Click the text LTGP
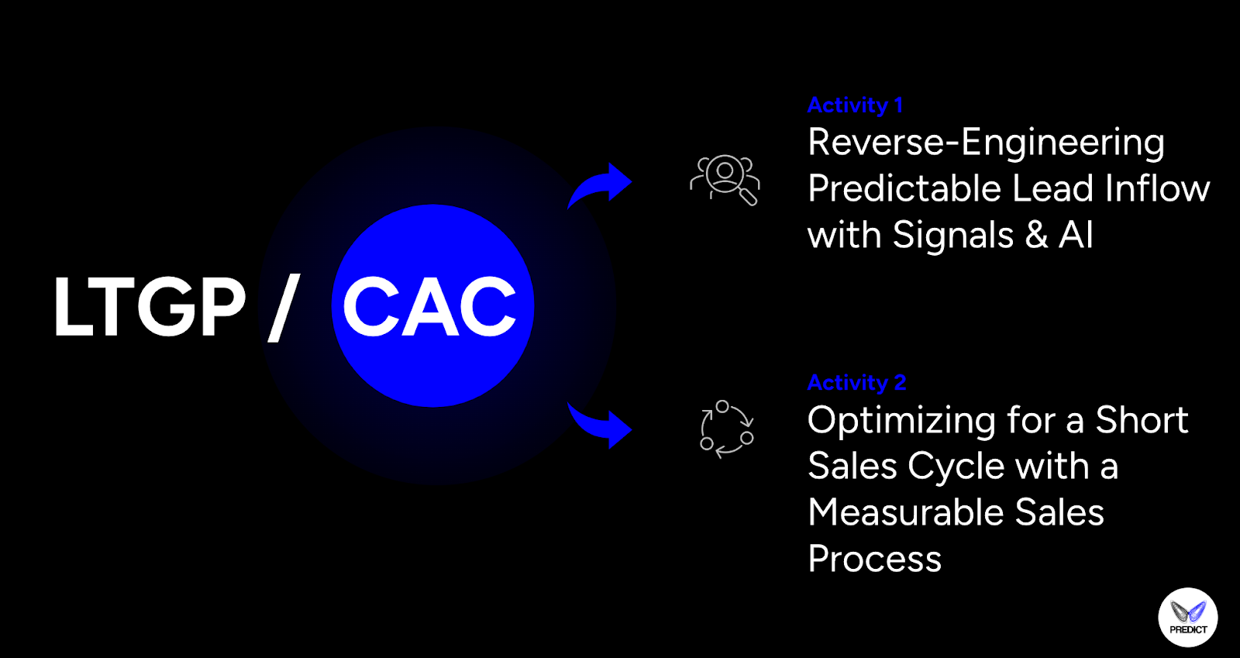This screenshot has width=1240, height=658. point(149,308)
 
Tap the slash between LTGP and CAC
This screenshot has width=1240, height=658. point(284,308)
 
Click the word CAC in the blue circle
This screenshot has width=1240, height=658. point(430,308)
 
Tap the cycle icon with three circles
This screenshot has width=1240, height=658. point(726,429)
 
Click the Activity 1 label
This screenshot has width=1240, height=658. point(855,105)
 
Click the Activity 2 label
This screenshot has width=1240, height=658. point(856,383)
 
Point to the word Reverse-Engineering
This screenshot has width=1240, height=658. point(986,143)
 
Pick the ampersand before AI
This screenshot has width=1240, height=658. point(1036,236)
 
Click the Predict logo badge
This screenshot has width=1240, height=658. point(1187,618)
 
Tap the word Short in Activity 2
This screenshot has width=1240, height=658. point(1141,421)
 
